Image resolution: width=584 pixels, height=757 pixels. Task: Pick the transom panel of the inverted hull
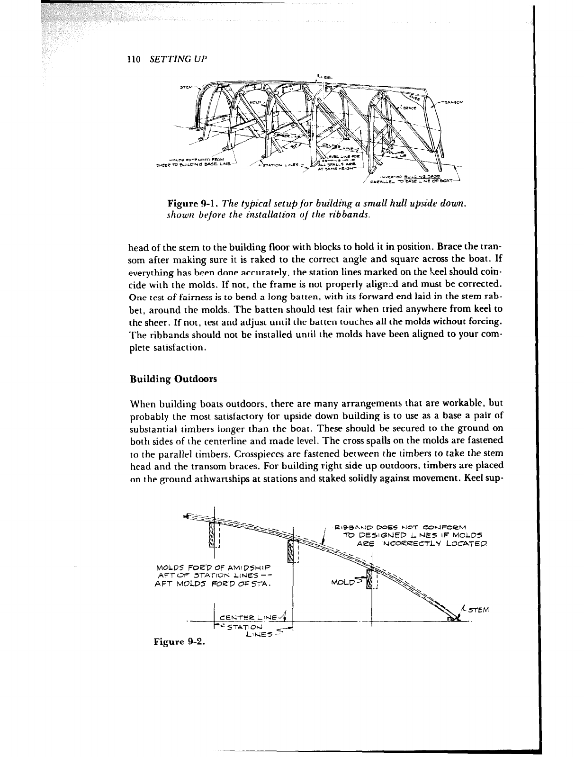[x=435, y=118]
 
